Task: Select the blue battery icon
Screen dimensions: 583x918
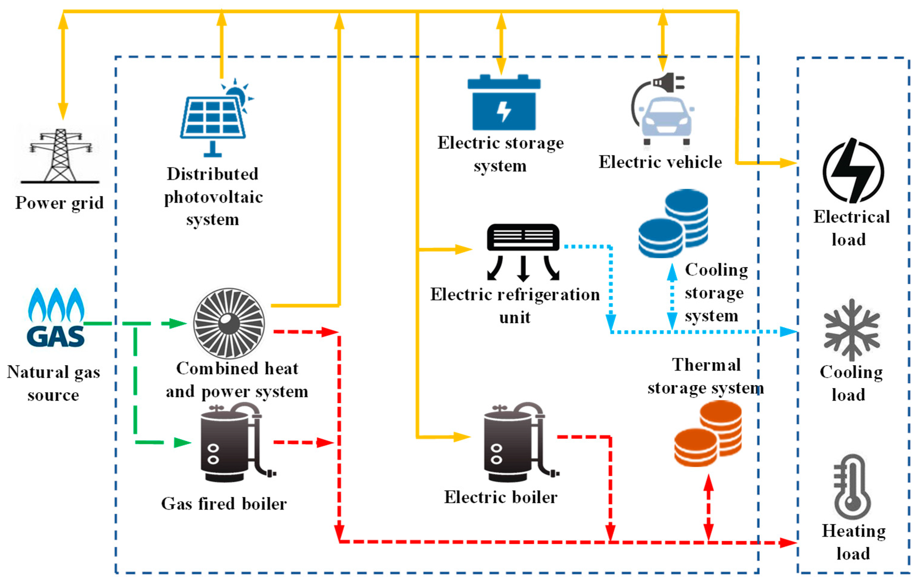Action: point(504,103)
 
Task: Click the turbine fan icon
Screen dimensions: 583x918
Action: point(229,323)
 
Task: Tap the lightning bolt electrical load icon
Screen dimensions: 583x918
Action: point(853,171)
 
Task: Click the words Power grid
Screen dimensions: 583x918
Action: point(60,203)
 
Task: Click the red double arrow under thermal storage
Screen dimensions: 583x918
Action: point(708,507)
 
